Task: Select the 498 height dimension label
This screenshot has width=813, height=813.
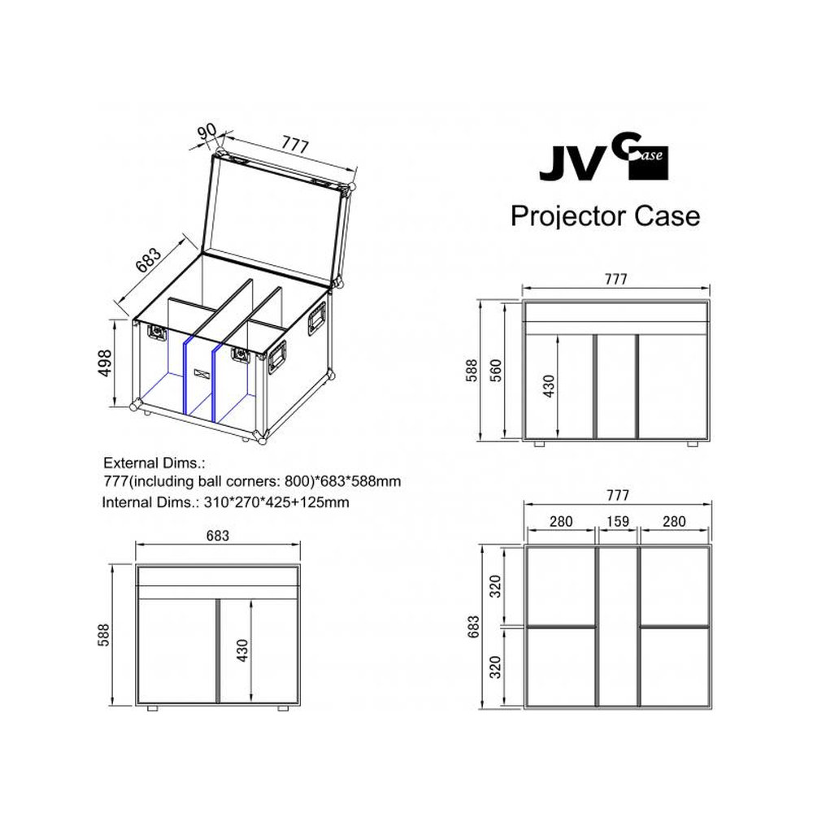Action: [104, 363]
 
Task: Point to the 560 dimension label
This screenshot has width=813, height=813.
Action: [496, 370]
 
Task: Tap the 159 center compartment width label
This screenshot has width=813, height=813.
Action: [618, 521]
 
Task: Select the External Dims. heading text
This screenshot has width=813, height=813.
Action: [154, 463]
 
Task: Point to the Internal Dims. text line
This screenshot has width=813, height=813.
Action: [225, 502]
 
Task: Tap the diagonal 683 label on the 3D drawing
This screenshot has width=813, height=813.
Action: [149, 260]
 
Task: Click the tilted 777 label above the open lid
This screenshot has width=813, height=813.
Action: [295, 144]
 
